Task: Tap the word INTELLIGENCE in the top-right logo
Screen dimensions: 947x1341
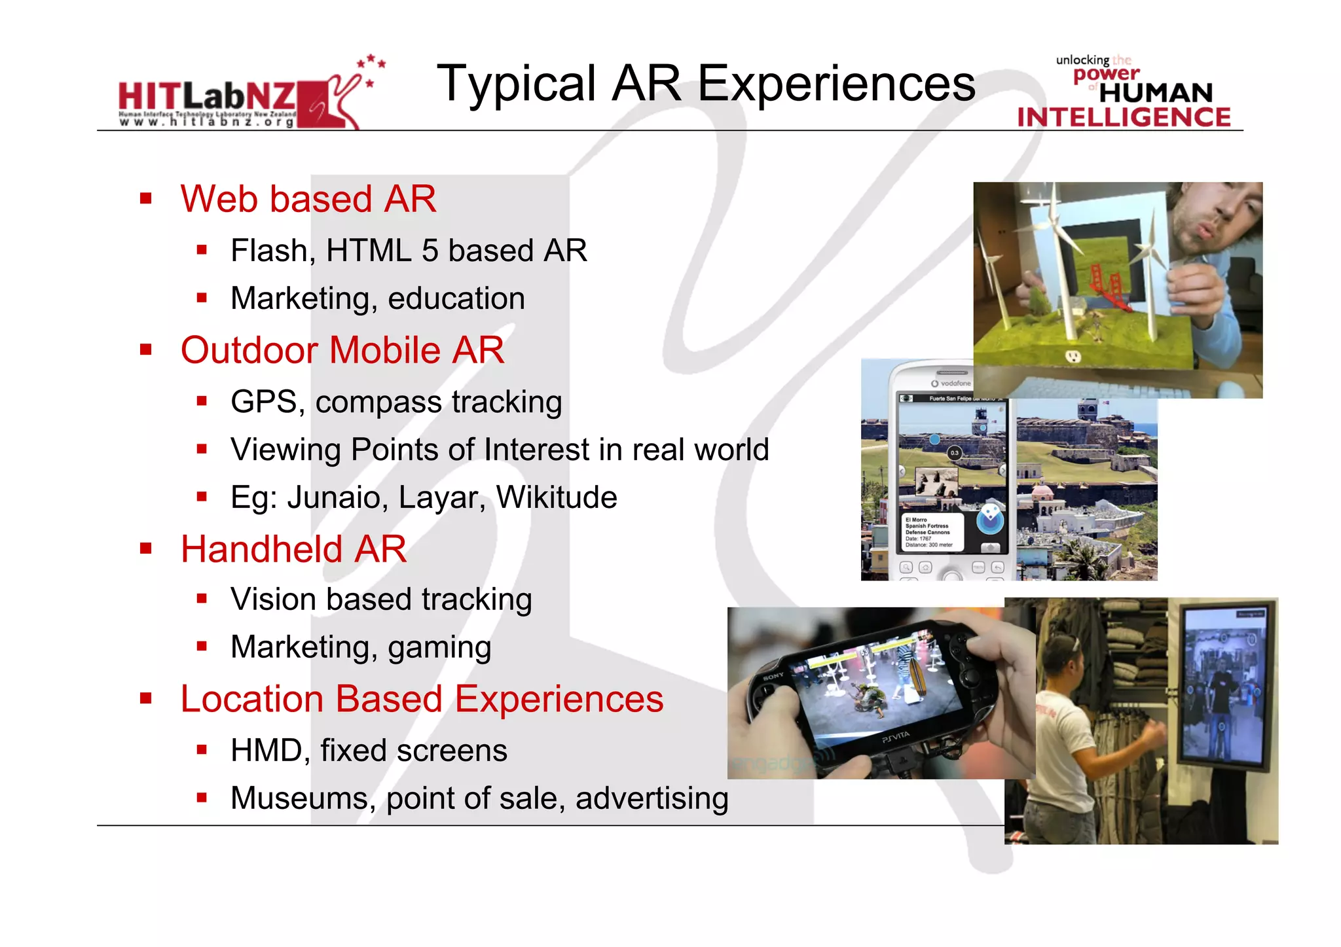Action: [1124, 117]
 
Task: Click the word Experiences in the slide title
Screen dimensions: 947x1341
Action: [837, 84]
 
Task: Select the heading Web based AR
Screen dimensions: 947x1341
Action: [308, 199]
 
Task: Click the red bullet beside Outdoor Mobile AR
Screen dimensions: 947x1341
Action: [146, 349]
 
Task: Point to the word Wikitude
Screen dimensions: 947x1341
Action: [557, 497]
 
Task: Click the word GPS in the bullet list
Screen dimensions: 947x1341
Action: [264, 402]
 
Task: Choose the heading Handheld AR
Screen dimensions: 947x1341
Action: [293, 549]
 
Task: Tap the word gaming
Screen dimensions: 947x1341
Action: [439, 647]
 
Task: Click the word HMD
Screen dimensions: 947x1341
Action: [265, 751]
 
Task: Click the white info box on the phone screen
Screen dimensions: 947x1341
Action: [929, 532]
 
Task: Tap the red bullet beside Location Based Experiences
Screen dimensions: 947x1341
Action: [146, 698]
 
